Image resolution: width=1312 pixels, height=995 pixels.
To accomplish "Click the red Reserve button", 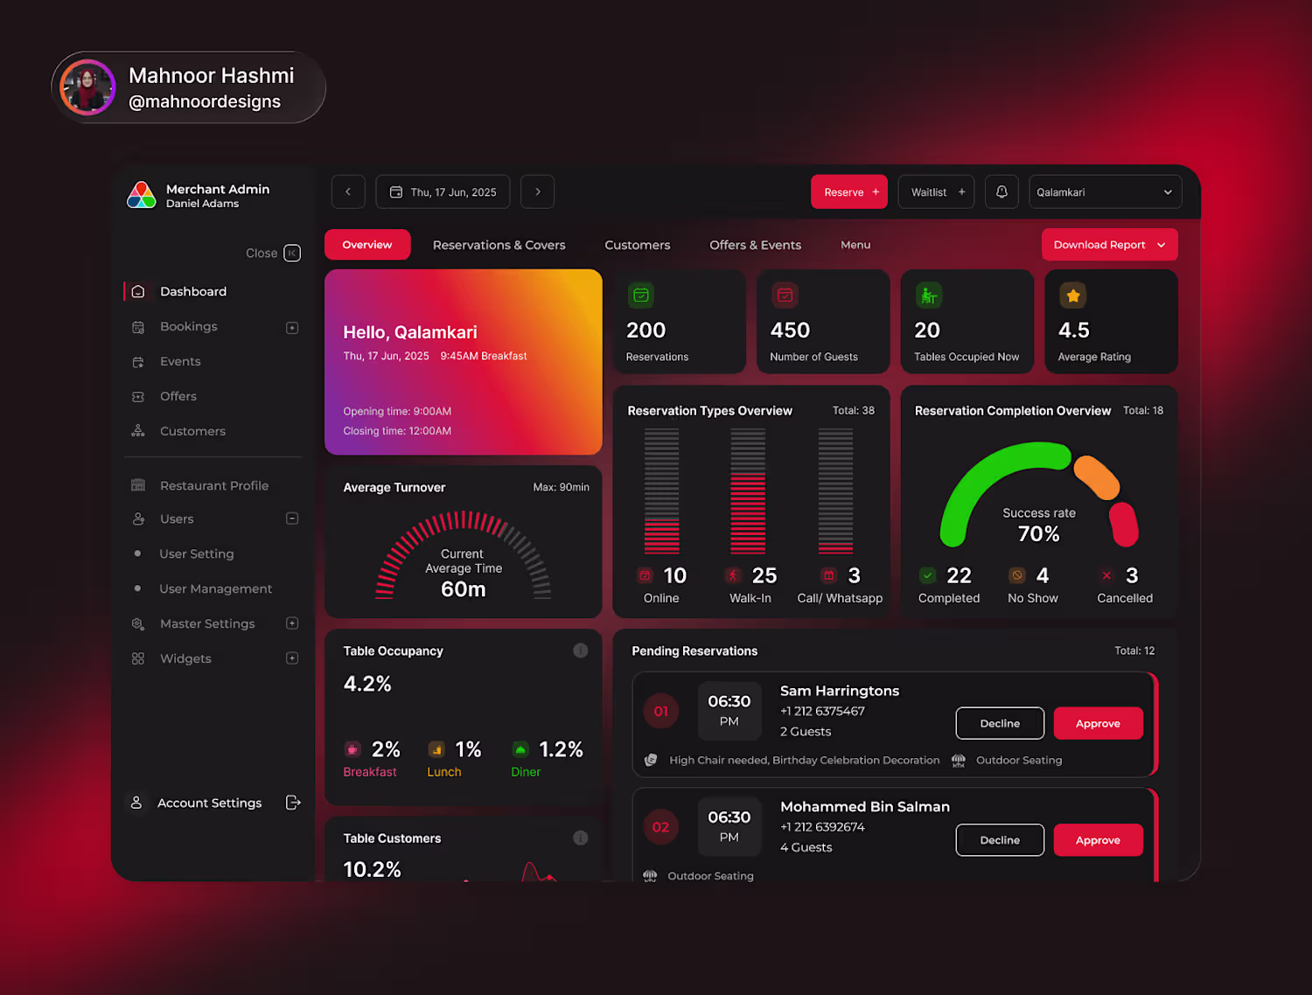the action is (848, 191).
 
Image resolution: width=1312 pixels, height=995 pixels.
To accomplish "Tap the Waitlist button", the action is (936, 191).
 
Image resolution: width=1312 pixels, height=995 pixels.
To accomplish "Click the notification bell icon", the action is (1001, 191).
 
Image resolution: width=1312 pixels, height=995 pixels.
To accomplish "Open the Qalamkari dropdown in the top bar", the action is (1106, 191).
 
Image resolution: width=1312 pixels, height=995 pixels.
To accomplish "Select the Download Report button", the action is (1109, 245).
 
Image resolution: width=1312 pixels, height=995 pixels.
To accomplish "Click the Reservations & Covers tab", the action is (499, 245).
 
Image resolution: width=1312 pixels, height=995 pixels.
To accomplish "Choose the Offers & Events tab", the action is (755, 245).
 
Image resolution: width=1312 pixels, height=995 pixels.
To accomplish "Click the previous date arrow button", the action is (348, 191).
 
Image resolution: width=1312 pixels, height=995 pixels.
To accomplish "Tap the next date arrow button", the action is (537, 191).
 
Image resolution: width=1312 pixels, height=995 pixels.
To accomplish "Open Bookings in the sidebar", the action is (188, 327).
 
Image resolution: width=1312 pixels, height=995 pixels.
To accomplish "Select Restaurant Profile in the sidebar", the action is (214, 485).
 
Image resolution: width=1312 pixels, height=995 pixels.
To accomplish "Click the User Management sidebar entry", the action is (215, 589).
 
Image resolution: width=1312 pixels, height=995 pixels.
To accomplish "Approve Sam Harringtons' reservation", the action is (1098, 723).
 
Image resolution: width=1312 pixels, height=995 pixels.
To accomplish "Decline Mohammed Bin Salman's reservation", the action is (1000, 839).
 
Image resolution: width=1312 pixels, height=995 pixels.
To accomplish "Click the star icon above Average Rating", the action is (1073, 296).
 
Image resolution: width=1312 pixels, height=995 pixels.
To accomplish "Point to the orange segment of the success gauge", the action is (1097, 477).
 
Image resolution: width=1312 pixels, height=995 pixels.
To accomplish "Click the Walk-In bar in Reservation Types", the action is (748, 491).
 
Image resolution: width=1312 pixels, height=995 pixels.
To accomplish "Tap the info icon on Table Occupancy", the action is (581, 651).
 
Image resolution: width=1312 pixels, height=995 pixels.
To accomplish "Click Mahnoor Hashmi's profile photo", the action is (87, 87).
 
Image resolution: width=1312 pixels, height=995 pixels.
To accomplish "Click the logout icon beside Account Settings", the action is (293, 803).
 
